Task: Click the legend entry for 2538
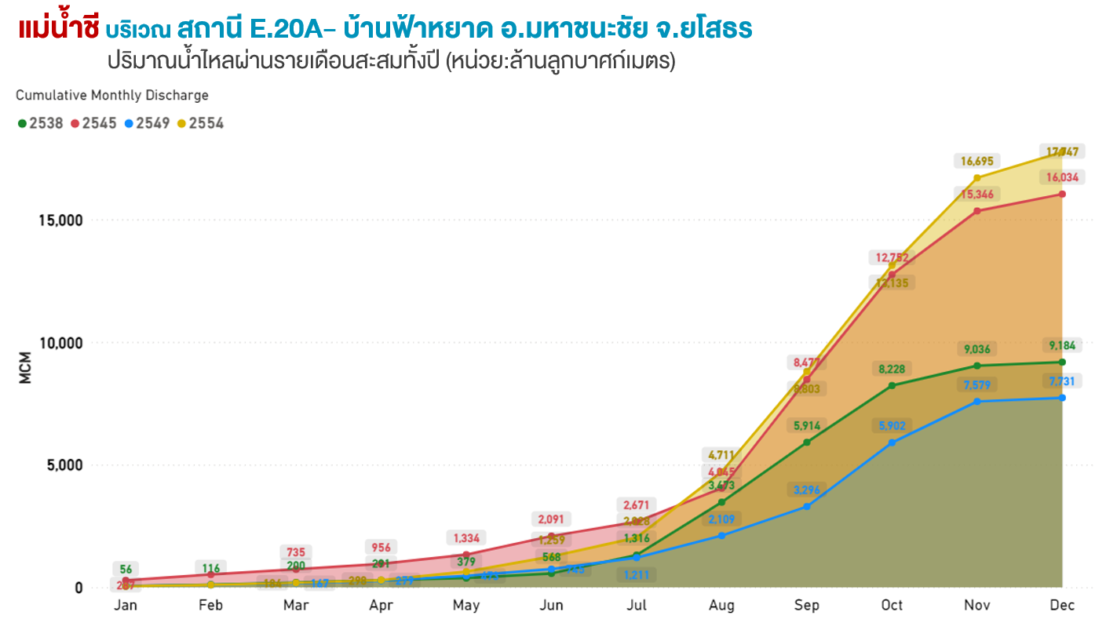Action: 41,123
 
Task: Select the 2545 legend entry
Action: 93,123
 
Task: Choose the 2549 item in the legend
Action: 147,123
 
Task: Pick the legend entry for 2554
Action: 200,123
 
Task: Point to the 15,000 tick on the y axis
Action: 60,220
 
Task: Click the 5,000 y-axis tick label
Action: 64,465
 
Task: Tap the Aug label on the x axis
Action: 721,606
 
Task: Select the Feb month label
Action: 210,606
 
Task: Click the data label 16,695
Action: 976,162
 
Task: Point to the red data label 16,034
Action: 1061,178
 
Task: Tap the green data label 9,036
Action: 976,349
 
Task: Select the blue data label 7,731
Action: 1061,381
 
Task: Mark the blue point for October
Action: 892,442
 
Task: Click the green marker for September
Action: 807,442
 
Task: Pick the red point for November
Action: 976,211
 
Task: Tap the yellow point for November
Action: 976,178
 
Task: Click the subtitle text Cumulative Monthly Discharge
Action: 112,96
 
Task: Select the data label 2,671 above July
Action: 637,504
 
